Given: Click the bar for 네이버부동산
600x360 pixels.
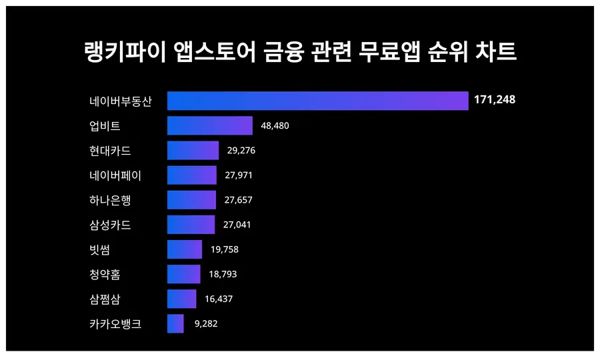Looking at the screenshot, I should coord(317,101).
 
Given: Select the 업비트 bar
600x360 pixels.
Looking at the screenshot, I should coord(209,125).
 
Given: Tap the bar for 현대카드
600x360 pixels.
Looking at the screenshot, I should coord(193,151).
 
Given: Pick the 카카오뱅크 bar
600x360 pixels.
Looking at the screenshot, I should coord(175,324).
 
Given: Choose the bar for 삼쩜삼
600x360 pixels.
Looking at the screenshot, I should coord(181,299).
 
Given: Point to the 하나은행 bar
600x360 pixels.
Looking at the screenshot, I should coord(191,200).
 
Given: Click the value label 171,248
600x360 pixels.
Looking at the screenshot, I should coord(495,100).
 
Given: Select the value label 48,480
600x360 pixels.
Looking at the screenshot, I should coord(275,126).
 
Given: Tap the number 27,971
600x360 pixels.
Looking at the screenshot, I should coord(239,175).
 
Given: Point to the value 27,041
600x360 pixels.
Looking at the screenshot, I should coord(237,225).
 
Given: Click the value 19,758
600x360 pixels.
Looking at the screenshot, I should coord(224,249).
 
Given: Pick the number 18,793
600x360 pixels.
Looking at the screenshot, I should coord(223,274).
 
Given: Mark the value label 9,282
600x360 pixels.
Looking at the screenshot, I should coord(206,324).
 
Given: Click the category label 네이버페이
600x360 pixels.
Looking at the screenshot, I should coord(115,175).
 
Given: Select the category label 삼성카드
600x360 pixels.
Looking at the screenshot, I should coord(110,225).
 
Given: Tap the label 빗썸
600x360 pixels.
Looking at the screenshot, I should coord(100,249).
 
